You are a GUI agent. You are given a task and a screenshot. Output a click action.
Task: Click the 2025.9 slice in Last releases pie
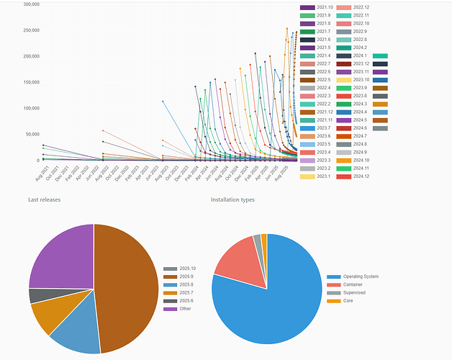pyautogui.click(x=126, y=288)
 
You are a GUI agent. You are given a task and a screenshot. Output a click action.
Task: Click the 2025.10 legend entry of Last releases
pyautogui.click(x=186, y=269)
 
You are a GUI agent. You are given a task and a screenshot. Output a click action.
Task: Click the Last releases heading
pyautogui.click(x=44, y=199)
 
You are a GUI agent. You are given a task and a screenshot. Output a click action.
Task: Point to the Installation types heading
pyautogui.click(x=232, y=199)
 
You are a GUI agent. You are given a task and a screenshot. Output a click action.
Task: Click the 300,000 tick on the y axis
pyautogui.click(x=31, y=4)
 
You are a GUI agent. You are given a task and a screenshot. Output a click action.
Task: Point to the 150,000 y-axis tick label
pyautogui.click(x=31, y=82)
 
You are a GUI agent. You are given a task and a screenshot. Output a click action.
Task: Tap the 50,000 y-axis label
pyautogui.click(x=32, y=135)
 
